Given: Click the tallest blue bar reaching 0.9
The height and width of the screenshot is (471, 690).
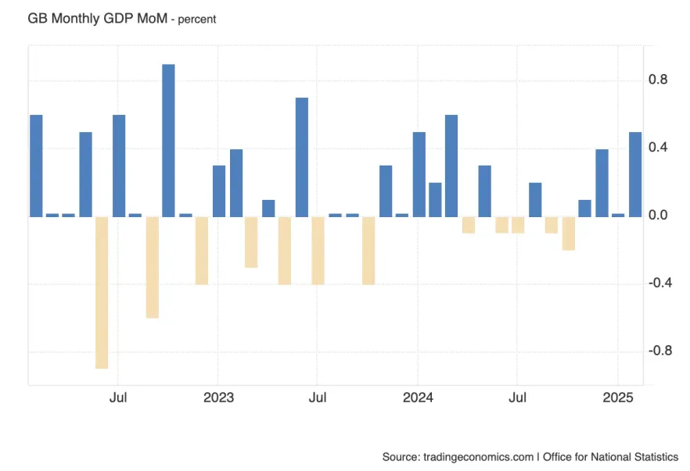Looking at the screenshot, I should click(x=168, y=141).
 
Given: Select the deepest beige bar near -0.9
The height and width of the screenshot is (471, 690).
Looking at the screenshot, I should click(x=102, y=292).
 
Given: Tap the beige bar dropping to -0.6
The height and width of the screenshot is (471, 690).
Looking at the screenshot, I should click(x=152, y=267).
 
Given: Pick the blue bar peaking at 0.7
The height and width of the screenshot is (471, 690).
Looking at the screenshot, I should click(x=302, y=157).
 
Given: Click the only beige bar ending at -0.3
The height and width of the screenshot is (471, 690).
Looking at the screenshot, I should click(x=251, y=242).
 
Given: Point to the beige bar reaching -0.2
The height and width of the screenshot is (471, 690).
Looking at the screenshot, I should click(x=568, y=233).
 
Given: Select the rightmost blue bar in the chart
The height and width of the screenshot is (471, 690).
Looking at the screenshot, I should click(x=635, y=174).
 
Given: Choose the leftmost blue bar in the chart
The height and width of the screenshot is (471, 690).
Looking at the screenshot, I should click(x=36, y=166).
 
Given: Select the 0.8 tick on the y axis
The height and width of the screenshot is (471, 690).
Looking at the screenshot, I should click(x=658, y=80).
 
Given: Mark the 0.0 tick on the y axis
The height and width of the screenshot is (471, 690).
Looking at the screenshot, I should click(x=658, y=216).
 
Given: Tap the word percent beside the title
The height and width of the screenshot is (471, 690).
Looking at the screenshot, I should click(x=196, y=19).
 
